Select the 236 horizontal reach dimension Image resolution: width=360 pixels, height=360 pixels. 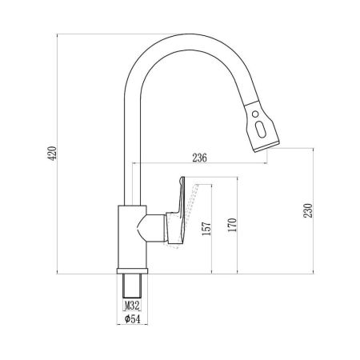(199, 158)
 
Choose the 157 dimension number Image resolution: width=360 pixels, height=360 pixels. (206, 230)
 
